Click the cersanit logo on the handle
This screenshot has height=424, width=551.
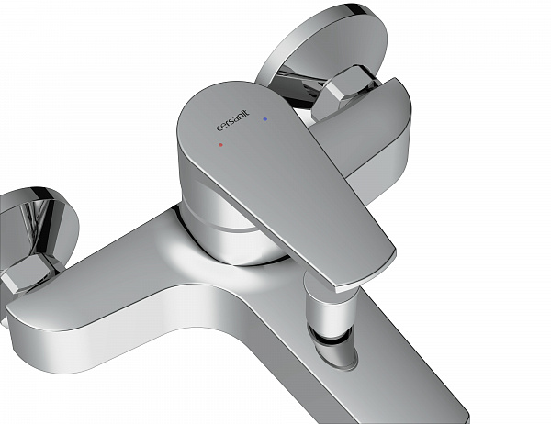[232, 120]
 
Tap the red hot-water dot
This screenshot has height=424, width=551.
[220, 144]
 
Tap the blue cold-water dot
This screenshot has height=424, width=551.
[265, 119]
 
